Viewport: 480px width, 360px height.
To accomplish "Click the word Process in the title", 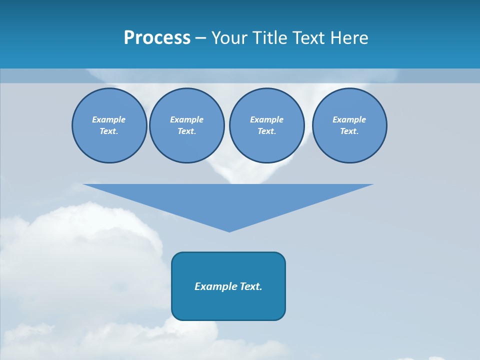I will pyautogui.click(x=157, y=38).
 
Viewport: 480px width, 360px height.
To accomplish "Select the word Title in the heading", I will pyautogui.click(x=268, y=38).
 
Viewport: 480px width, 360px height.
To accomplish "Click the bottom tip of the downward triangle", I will pyautogui.click(x=229, y=230).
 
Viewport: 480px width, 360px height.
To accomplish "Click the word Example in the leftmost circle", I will pyautogui.click(x=109, y=119).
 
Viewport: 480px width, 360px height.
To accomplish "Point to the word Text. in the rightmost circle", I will pyautogui.click(x=349, y=131).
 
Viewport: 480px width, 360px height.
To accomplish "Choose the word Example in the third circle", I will pyautogui.click(x=266, y=119).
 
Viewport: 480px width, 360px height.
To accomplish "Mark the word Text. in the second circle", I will pyautogui.click(x=186, y=131).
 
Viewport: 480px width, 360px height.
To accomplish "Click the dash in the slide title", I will pyautogui.click(x=200, y=38).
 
